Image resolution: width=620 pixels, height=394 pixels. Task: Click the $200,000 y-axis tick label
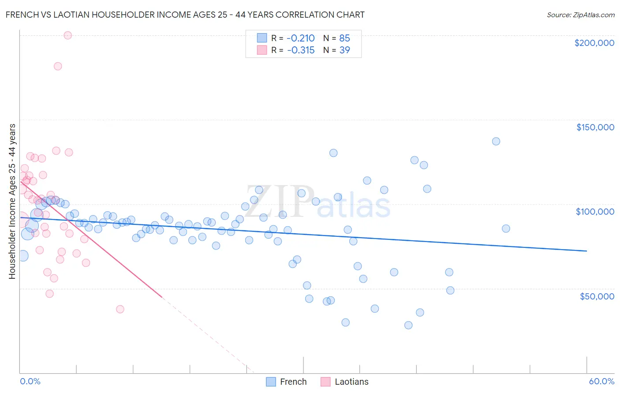(x=594, y=43)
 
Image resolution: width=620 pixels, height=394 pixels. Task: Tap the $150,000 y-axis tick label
(x=595, y=127)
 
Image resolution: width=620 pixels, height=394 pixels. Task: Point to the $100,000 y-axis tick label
(x=595, y=212)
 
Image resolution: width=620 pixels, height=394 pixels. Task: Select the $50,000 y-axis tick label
(x=597, y=296)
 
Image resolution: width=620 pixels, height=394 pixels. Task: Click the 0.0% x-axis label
(x=30, y=381)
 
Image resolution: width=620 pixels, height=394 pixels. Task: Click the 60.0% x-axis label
(x=601, y=381)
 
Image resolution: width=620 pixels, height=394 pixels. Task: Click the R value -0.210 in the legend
(x=301, y=38)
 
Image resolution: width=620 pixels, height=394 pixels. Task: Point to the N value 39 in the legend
(x=344, y=50)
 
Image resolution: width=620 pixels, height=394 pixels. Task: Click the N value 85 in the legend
(x=344, y=38)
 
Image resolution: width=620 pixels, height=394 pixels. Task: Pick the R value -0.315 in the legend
(x=301, y=50)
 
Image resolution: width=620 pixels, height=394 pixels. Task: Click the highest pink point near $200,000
(x=68, y=35)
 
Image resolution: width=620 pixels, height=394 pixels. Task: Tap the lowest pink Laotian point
(x=120, y=309)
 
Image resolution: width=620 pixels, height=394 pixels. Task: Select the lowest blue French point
(x=408, y=325)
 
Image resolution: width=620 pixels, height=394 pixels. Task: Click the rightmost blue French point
(x=506, y=228)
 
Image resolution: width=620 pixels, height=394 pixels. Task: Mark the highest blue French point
(x=496, y=141)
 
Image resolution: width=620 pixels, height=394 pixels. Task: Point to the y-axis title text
(x=12, y=201)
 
